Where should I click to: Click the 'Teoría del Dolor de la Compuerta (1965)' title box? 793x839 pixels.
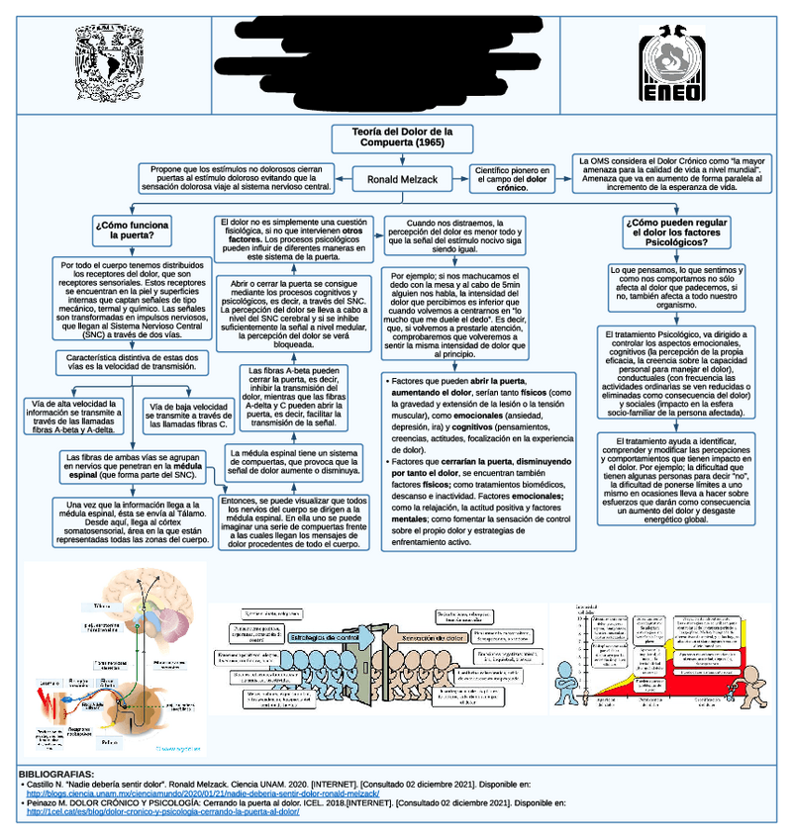tap(403, 138)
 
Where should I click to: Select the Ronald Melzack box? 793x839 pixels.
tap(403, 180)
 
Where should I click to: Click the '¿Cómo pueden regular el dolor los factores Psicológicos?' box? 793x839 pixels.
tap(677, 232)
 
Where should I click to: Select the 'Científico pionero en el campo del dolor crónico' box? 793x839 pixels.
tap(512, 179)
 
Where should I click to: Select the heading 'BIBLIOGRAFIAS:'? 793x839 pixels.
tap(56, 773)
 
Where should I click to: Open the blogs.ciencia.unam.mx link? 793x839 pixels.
tap(202, 793)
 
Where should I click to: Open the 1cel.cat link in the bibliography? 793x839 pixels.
tap(162, 812)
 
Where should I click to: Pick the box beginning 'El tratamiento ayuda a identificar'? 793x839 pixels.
tap(677, 479)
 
